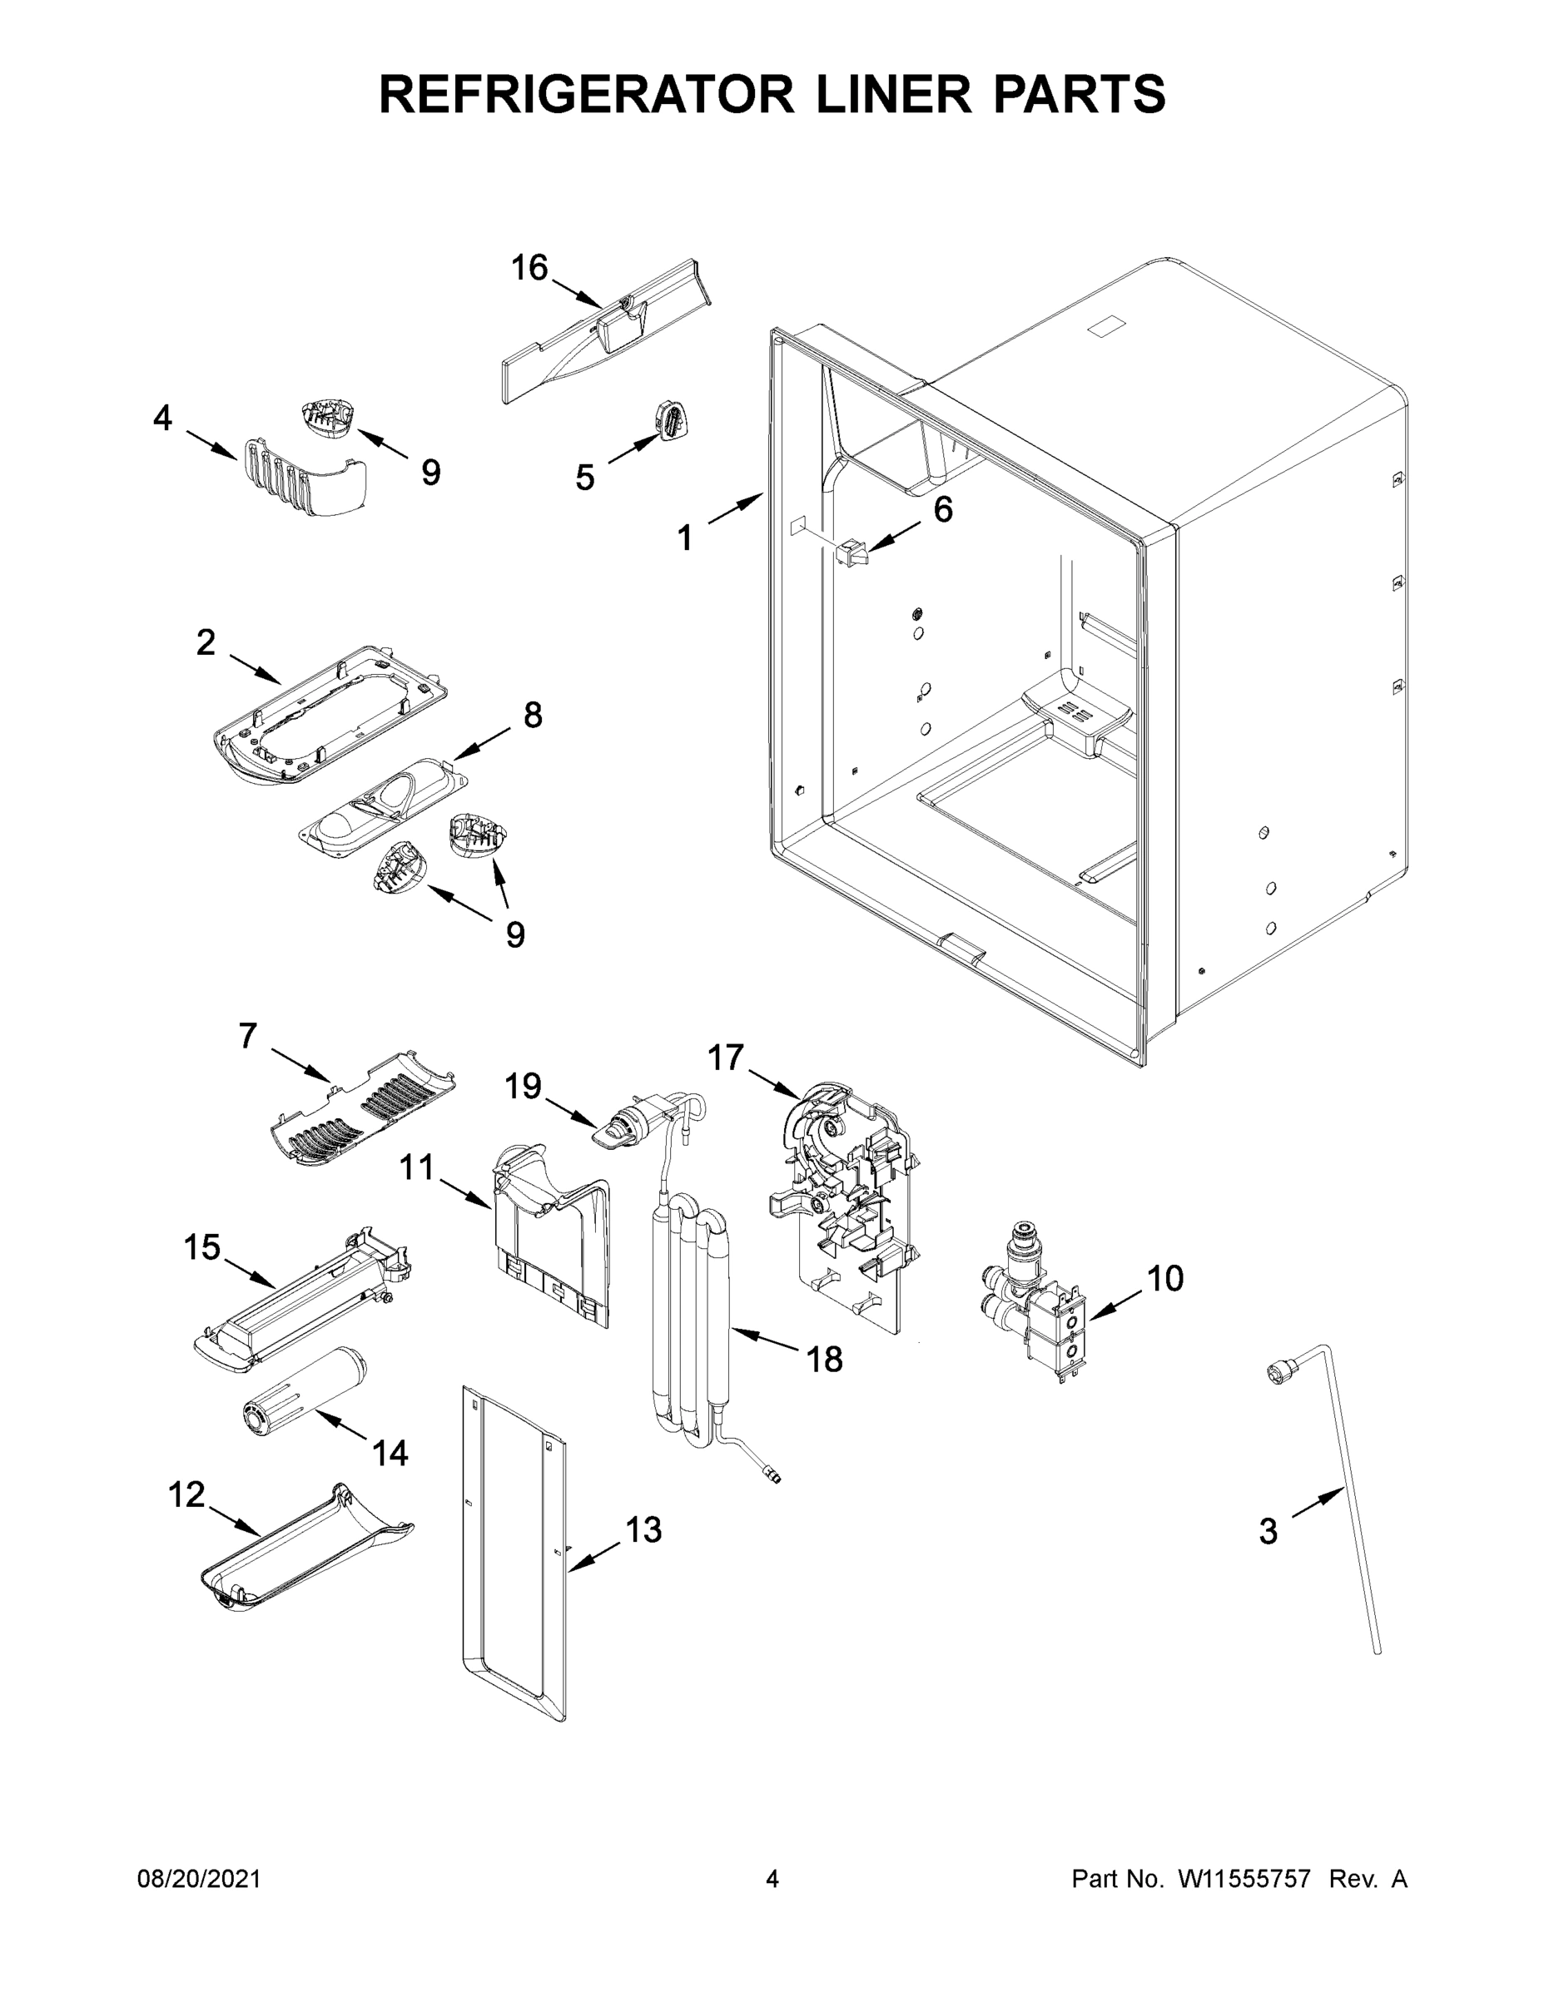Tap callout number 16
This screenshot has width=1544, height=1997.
pyautogui.click(x=529, y=268)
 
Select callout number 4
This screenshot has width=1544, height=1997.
pyautogui.click(x=162, y=418)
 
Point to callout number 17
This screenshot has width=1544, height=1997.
pyautogui.click(x=725, y=1057)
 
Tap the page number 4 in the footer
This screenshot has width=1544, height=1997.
pyautogui.click(x=772, y=1879)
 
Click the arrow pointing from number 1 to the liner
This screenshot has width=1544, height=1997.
pyautogui.click(x=736, y=508)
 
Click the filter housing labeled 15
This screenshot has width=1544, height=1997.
pyautogui.click(x=302, y=1292)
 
